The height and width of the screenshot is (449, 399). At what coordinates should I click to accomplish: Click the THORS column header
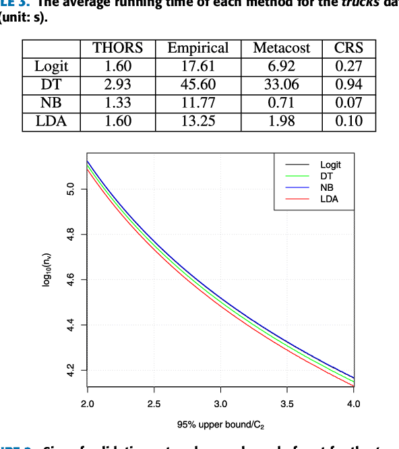117,48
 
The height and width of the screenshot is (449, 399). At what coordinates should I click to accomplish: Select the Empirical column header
197,48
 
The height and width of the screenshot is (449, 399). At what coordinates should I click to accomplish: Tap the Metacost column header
281,48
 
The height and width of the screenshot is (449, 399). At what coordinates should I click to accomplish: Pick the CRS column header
348,48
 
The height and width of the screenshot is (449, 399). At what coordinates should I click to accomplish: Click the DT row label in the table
51,84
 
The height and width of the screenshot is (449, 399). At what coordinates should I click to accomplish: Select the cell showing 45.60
197,84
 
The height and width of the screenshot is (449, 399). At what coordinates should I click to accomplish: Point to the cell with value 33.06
281,84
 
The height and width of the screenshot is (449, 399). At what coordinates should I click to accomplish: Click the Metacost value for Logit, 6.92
281,66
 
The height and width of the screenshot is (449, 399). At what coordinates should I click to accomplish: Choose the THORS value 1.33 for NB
117,102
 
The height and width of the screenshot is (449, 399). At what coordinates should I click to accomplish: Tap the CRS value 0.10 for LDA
348,121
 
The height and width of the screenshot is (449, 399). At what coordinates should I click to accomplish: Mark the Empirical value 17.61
197,66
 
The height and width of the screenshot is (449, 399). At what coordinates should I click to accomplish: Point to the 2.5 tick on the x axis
154,404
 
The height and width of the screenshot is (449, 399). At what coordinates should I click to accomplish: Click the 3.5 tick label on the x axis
287,404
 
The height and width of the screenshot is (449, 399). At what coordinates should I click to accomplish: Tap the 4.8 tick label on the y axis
69,235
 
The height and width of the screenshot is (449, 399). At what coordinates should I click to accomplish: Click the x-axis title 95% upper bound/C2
220,425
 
